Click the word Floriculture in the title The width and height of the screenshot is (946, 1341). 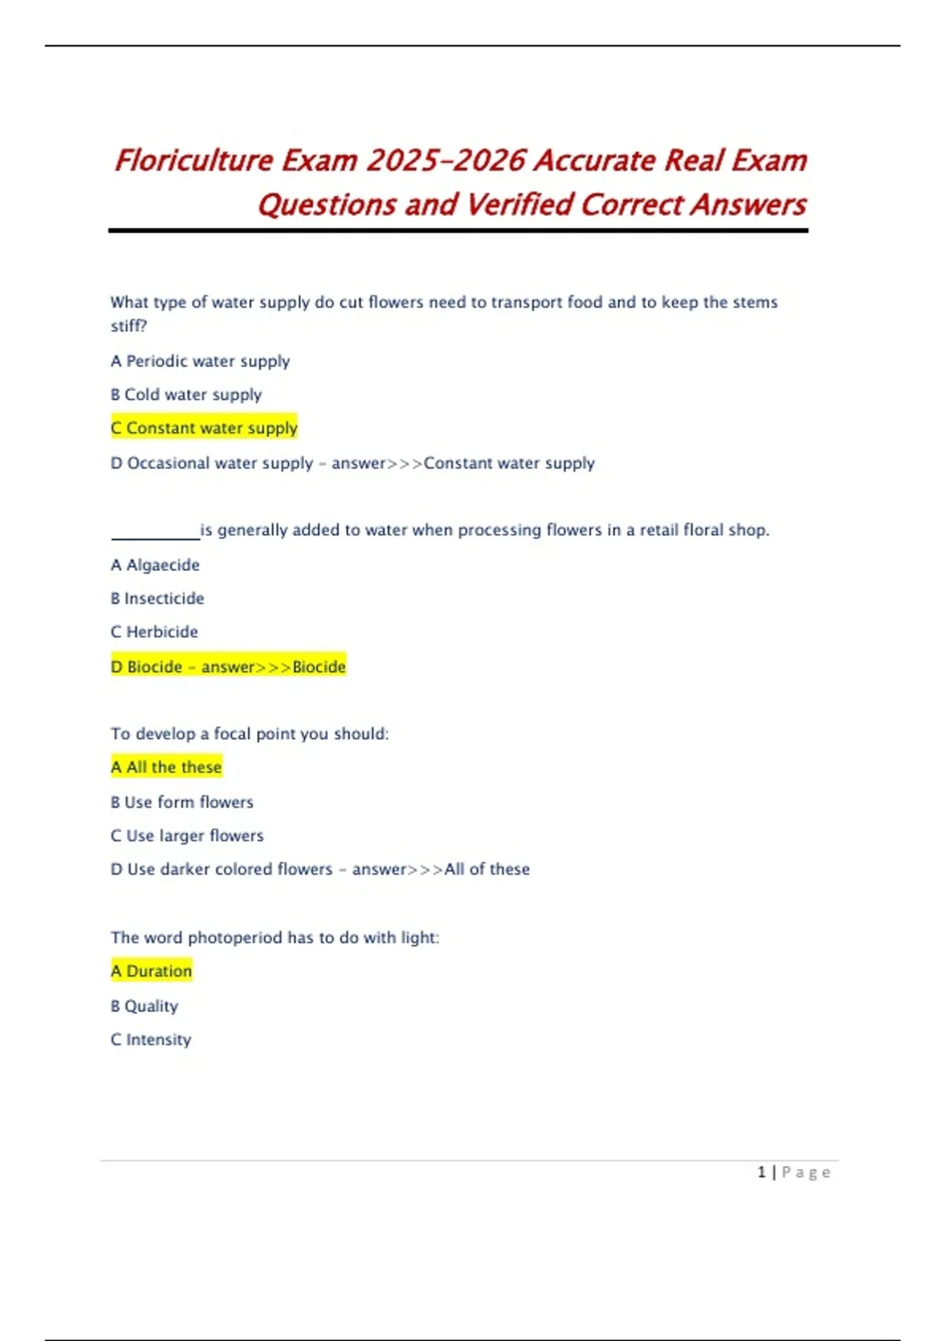tap(194, 160)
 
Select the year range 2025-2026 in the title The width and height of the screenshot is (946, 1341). tap(446, 160)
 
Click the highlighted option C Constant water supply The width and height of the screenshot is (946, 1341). tap(204, 428)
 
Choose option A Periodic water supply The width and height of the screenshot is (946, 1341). tap(200, 361)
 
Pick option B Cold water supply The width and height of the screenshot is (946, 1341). tap(186, 394)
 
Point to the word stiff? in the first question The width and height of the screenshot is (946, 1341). tap(128, 326)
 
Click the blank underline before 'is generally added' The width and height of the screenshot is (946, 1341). tap(155, 534)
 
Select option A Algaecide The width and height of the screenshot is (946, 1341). tap(155, 565)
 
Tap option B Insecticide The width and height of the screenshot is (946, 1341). tap(158, 599)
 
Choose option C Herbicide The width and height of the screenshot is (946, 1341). tap(155, 632)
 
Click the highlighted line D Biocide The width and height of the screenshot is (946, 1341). tap(229, 667)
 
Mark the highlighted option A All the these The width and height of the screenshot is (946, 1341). tap(166, 767)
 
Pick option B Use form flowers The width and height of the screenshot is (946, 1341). tap(182, 802)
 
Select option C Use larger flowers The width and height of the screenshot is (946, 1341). tap(188, 835)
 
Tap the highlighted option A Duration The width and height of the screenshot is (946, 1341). tap(151, 971)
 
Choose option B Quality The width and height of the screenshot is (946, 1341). tap(144, 1006)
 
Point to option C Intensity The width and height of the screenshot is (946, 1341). tap(151, 1040)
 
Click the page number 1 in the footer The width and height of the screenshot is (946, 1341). tap(762, 1172)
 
